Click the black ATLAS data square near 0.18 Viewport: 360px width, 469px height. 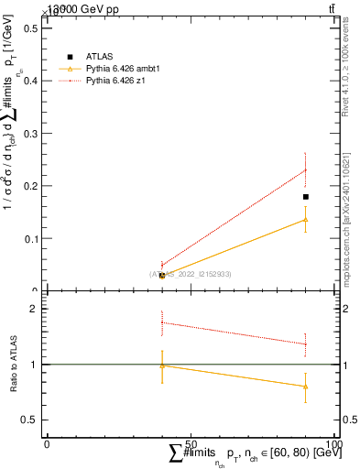[306, 197]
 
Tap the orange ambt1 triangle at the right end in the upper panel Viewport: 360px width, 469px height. [306, 219]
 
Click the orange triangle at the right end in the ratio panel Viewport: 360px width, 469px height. [306, 387]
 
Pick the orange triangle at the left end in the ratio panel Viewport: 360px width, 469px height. [162, 365]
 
